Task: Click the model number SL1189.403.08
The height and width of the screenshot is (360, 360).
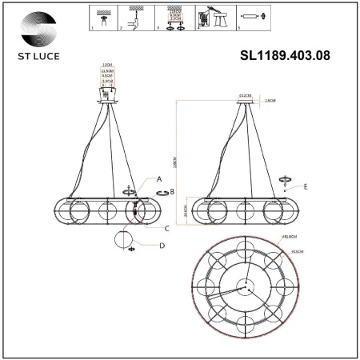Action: tap(285, 56)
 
